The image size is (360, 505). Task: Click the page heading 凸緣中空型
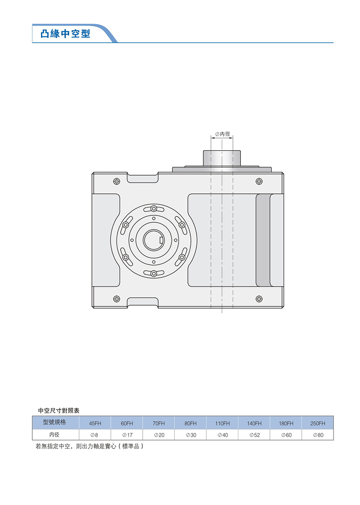pyautogui.click(x=65, y=34)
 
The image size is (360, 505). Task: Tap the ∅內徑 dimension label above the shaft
pyautogui.click(x=222, y=134)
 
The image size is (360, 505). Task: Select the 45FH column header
pyautogui.click(x=95, y=424)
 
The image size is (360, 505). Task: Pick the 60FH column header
pyautogui.click(x=127, y=424)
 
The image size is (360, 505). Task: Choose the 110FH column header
pyautogui.click(x=222, y=424)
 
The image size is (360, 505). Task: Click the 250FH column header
pyautogui.click(x=317, y=424)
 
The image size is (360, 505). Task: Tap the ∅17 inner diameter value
pyautogui.click(x=127, y=435)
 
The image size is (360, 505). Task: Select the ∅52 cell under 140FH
pyautogui.click(x=254, y=435)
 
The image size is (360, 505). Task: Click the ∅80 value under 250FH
pyautogui.click(x=318, y=435)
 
